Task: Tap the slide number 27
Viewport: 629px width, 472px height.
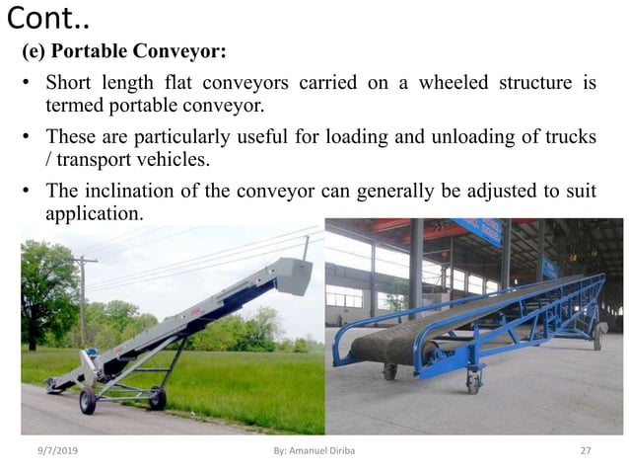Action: [x=586, y=451]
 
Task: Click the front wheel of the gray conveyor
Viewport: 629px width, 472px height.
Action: [x=88, y=401]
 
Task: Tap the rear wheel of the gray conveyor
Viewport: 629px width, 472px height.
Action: [x=157, y=398]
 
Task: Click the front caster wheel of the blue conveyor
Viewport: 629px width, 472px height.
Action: [x=390, y=371]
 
